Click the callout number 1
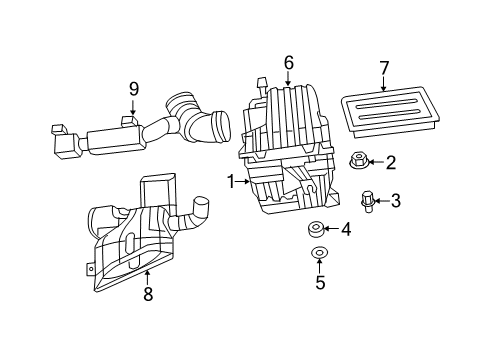[230, 182]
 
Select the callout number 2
[391, 162]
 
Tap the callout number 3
[395, 201]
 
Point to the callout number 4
[346, 230]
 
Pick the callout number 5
[321, 283]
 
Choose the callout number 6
[288, 63]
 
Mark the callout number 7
[383, 68]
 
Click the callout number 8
[148, 294]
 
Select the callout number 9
[133, 89]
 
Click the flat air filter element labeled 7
[384, 112]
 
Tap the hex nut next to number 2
[358, 160]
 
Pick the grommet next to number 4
[318, 229]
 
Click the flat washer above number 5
[320, 253]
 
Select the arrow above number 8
[148, 273]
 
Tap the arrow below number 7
[383, 87]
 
